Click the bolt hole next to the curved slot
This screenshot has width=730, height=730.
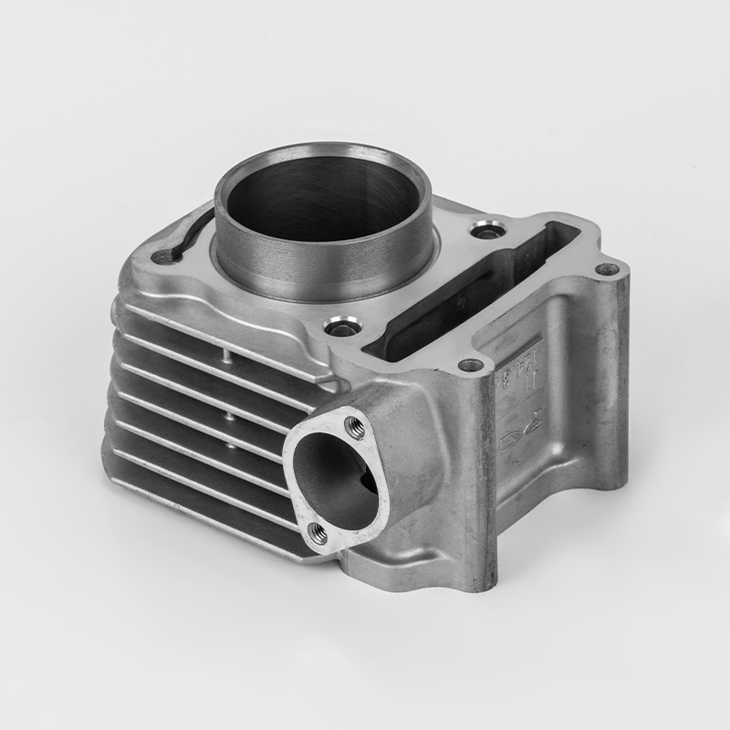pos(163,256)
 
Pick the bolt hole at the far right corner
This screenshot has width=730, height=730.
pos(606,269)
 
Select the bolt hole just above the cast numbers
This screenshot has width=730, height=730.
pos(470,365)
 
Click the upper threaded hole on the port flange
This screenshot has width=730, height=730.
pos(351,422)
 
